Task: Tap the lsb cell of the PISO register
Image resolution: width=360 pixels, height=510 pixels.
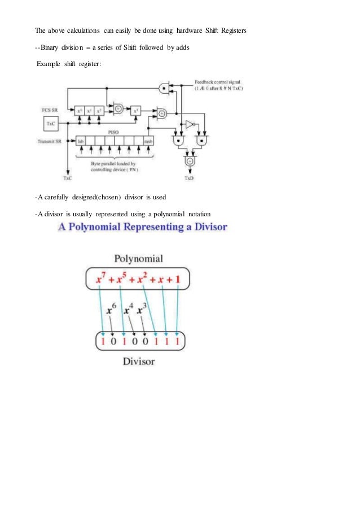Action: pyautogui.click(x=80, y=140)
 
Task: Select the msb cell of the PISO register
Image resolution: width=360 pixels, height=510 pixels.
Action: pyautogui.click(x=148, y=140)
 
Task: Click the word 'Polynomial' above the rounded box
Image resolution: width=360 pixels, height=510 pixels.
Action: pyautogui.click(x=139, y=260)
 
